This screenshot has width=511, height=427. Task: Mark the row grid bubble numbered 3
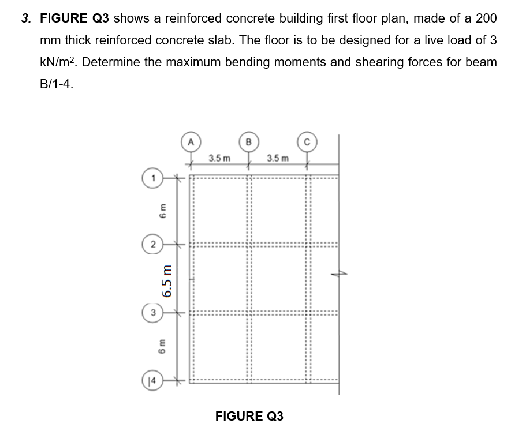153,314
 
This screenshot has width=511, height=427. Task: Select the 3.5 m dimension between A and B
219,158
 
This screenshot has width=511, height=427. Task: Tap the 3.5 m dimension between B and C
278,158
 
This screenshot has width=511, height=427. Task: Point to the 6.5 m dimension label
168,280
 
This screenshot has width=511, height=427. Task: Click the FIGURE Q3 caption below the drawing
249,416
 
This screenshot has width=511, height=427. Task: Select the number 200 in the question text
484,18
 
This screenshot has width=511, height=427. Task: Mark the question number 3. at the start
27,18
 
